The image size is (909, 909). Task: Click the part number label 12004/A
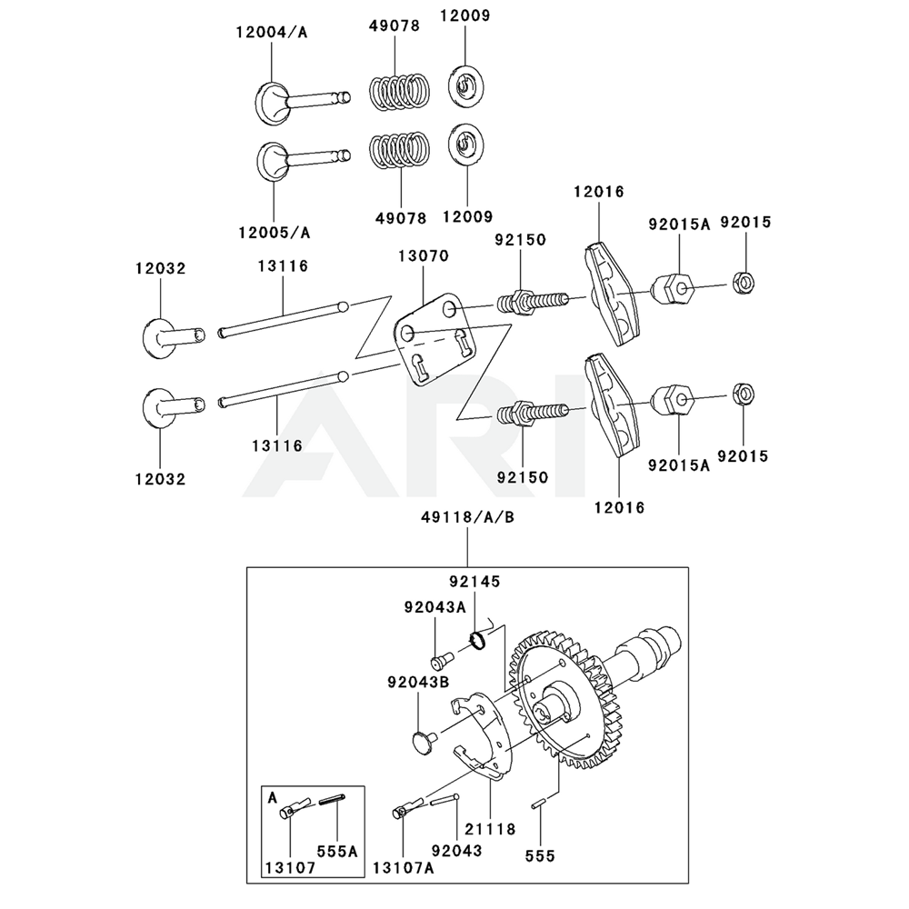(272, 33)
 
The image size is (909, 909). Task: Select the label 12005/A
(274, 232)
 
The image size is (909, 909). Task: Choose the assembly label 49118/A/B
(467, 516)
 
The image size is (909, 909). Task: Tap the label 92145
(474, 581)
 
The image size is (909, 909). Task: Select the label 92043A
(435, 606)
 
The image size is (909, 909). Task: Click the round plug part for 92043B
(421, 740)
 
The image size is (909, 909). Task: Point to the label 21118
(489, 829)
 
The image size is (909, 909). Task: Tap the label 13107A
(403, 867)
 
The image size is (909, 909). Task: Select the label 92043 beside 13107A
(456, 851)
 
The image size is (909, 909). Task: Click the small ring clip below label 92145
(479, 639)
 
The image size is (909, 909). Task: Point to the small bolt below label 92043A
(443, 655)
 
